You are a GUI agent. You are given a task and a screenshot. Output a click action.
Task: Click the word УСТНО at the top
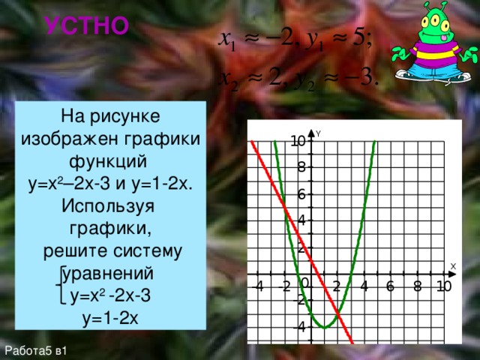pos(86,27)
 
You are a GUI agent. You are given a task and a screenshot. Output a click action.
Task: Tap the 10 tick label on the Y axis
pos(298,141)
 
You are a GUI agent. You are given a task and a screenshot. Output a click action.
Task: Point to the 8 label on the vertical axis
pos(301,167)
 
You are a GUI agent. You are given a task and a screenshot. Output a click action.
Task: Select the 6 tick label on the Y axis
pos(301,194)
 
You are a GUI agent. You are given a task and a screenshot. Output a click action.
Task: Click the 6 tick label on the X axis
pos(391,286)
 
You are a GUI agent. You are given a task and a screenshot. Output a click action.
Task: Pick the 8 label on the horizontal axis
pos(418,286)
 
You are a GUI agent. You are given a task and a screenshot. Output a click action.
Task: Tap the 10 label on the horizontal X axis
pos(442,286)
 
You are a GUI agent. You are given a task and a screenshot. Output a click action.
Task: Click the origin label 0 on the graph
pos(305,283)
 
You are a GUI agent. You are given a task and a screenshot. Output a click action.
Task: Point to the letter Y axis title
pos(318,133)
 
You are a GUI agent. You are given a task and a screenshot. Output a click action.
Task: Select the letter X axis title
pos(452,266)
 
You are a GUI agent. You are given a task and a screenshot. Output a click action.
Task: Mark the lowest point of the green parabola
pos(323,328)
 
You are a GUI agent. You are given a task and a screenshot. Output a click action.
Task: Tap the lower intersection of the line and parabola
pos(337,312)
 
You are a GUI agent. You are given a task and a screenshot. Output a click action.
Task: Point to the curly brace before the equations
pos(60,283)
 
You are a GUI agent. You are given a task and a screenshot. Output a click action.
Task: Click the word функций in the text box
pos(110,161)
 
